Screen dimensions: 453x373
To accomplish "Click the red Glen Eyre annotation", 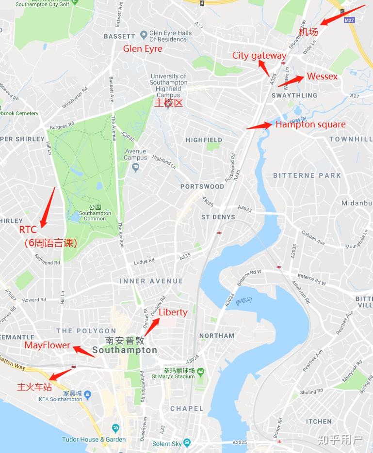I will [143, 49].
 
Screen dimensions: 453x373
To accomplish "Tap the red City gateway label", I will [259, 55].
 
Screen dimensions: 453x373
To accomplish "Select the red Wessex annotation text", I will [322, 77].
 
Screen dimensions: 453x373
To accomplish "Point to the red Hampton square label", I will [310, 125].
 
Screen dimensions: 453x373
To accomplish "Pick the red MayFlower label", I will [47, 345].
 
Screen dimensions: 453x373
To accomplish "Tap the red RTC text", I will [28, 229].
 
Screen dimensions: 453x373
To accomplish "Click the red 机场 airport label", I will [308, 32].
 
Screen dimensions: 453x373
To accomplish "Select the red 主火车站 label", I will [34, 387].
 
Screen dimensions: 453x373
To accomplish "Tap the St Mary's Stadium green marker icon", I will [200, 371].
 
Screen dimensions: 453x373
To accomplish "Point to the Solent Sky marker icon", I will [187, 443].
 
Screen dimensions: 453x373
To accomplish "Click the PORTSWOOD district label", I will [202, 187].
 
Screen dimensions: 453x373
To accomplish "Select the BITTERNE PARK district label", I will [307, 175].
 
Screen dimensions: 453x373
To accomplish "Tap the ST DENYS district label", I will [218, 217].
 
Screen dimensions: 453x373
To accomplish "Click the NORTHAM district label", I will [217, 336].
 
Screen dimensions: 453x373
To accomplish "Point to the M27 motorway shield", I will [349, 20].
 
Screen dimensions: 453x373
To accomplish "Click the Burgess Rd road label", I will [62, 126].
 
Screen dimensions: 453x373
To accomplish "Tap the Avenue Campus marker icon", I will [135, 167].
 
